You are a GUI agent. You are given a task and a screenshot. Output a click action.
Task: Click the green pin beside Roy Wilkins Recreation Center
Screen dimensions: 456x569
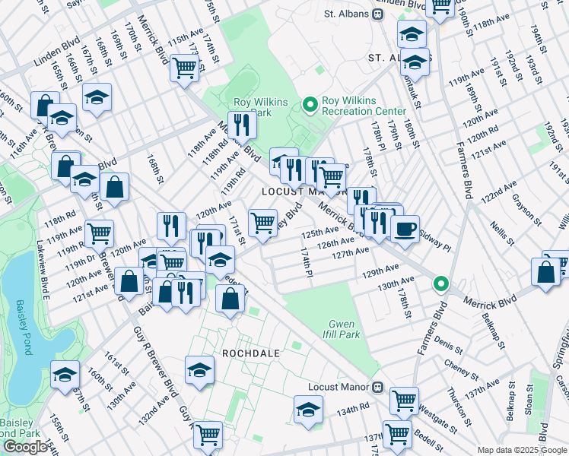[x=310, y=104]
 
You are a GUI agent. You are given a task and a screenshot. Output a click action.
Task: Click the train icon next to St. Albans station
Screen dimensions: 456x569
[x=378, y=14]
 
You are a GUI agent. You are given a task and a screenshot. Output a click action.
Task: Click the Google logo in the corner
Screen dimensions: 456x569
[x=25, y=447]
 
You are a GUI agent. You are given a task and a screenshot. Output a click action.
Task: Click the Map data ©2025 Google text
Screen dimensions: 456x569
[x=521, y=449]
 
